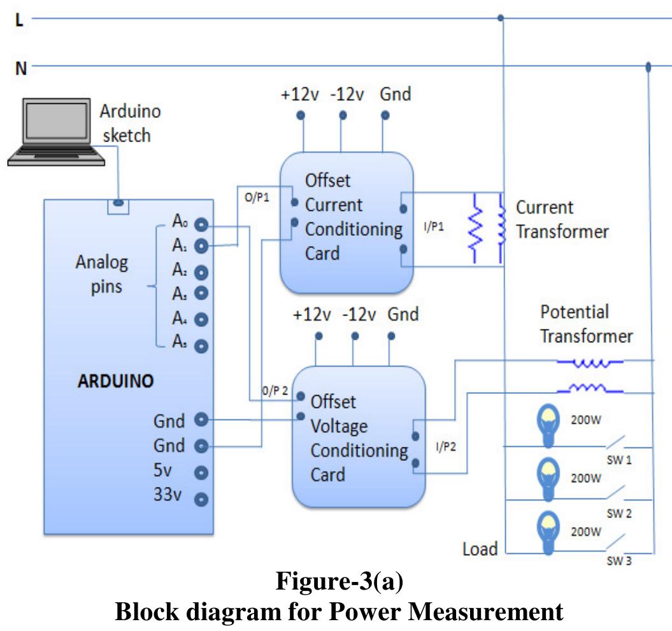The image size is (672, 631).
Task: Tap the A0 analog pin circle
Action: tap(202, 224)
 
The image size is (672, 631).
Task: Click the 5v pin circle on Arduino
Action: tap(202, 473)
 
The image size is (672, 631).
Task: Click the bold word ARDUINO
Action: tap(115, 382)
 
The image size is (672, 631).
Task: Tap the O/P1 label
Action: tap(257, 198)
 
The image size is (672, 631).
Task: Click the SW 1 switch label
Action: tap(619, 460)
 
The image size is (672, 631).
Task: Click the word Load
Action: tap(480, 549)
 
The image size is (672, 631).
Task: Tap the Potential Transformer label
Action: tap(586, 324)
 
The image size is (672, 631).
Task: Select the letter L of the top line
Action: tap(19, 20)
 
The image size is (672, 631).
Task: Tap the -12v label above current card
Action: tap(347, 95)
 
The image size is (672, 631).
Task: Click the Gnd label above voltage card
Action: tap(403, 314)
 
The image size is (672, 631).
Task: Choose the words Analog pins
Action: tap(102, 274)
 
